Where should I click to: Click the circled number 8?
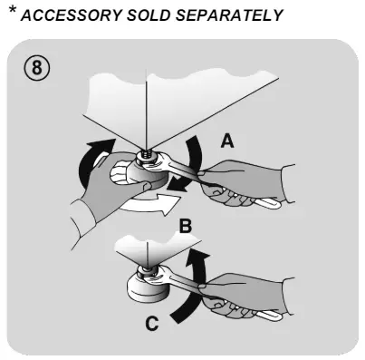[x=36, y=67]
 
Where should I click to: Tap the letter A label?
[x=227, y=141]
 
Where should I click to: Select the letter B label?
[x=186, y=226]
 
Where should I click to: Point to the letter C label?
[x=152, y=323]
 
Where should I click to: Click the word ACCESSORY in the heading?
[x=72, y=15]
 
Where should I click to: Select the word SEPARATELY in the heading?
[x=229, y=15]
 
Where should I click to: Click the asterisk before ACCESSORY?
[x=13, y=10]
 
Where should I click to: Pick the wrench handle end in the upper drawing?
[x=272, y=204]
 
